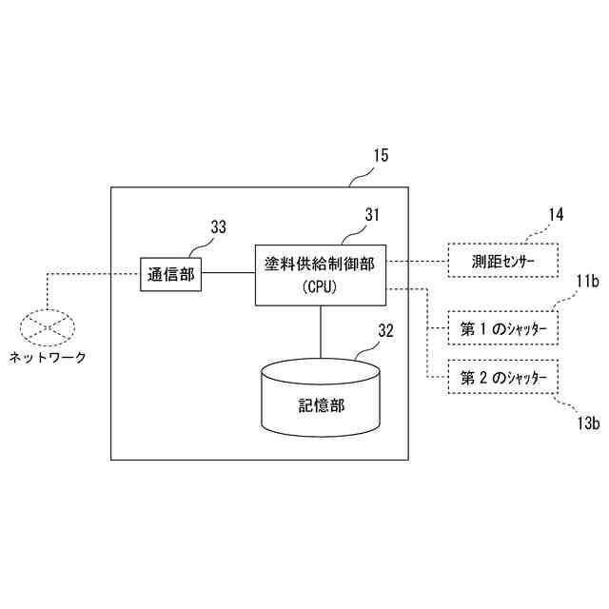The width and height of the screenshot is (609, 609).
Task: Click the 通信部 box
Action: pyautogui.click(x=171, y=275)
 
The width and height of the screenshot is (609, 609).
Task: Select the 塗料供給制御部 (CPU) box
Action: pyautogui.click(x=320, y=274)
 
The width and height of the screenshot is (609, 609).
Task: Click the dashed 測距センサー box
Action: pyautogui.click(x=502, y=260)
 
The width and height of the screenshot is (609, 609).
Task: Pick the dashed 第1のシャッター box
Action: pyautogui.click(x=502, y=329)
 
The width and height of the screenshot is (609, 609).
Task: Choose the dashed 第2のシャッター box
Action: pyautogui.click(x=502, y=378)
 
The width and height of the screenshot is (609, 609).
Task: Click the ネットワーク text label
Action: pyautogui.click(x=48, y=358)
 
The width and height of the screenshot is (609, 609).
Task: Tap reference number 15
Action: pyautogui.click(x=379, y=156)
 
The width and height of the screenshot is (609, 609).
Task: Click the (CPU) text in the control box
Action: pyautogui.click(x=320, y=285)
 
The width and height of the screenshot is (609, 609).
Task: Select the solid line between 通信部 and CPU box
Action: pyautogui.click(x=228, y=274)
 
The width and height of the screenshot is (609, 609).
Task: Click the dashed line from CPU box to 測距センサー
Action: pyautogui.click(x=416, y=260)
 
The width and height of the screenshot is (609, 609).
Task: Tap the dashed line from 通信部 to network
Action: pyautogui.click(x=95, y=274)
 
